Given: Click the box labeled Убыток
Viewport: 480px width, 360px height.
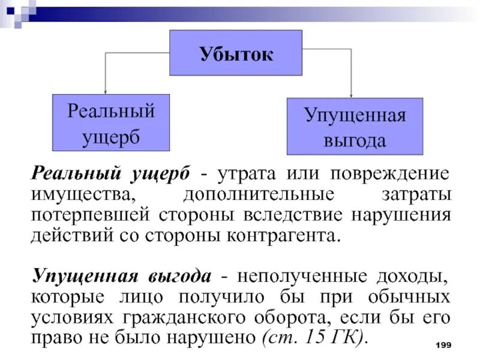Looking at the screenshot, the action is coord(236,53).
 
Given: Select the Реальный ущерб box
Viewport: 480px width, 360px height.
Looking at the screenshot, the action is coord(111,122).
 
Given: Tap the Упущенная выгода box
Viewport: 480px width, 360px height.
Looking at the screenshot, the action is coord(355,127).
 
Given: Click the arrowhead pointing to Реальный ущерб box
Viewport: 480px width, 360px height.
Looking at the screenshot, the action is coord(106,91).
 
